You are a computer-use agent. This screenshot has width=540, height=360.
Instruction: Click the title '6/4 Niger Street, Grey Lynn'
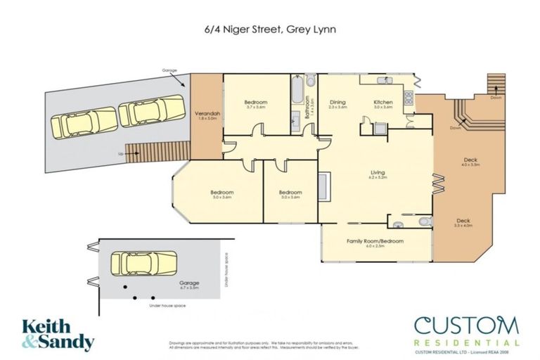270,31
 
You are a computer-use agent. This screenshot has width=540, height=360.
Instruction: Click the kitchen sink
386,80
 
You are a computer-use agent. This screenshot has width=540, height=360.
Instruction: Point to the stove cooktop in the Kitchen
408,99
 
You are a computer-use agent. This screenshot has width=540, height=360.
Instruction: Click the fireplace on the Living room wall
322,188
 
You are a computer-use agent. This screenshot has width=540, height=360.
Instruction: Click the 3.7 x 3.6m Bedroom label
255,104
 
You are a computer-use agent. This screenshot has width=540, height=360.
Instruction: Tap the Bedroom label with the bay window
221,194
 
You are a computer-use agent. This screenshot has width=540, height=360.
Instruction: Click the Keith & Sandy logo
57,335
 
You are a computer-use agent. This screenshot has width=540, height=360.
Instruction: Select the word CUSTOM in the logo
466,326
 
